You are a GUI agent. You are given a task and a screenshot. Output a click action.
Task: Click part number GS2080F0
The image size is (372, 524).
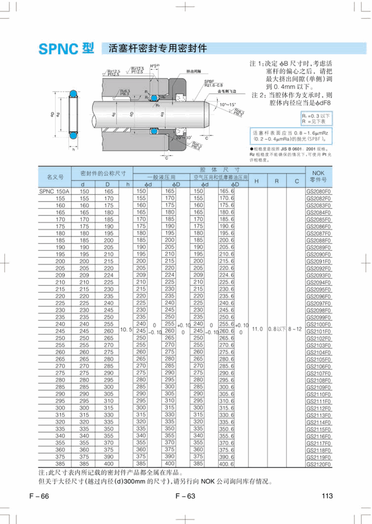[318, 191]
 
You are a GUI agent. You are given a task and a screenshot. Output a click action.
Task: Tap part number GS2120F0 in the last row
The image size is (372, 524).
[318, 464]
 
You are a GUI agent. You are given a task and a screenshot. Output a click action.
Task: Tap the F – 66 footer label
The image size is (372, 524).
[39, 495]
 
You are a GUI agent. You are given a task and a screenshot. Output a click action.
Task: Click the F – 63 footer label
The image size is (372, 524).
[185, 495]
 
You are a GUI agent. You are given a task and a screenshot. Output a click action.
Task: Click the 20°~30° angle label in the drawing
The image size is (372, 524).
[182, 139]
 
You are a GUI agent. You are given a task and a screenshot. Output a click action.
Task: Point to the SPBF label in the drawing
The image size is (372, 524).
[209, 81]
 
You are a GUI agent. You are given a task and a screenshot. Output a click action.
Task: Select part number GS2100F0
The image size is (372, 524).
[318, 324]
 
